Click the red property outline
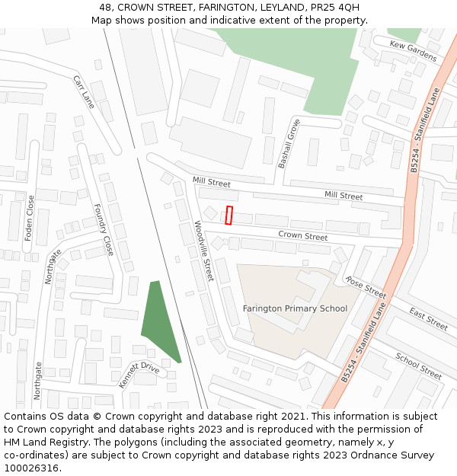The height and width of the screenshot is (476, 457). tap(229, 216)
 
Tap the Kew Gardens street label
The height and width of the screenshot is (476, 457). tap(413, 50)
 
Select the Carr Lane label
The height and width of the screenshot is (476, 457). tap(84, 91)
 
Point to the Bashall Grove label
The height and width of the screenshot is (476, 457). tap(289, 143)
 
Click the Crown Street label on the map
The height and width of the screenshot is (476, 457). tap(302, 236)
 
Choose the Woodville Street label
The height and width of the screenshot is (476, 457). tap(203, 250)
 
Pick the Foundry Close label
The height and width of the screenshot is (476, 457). tap(103, 229)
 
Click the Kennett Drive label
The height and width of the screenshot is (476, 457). tap(139, 375)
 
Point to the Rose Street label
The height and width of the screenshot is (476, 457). tap(366, 287)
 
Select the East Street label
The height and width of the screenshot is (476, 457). tap(428, 319)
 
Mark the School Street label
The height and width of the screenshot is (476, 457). tap(418, 366)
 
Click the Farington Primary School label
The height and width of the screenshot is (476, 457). tap(295, 308)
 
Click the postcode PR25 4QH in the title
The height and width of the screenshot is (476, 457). tap(336, 8)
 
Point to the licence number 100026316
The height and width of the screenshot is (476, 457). tap(31, 468)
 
